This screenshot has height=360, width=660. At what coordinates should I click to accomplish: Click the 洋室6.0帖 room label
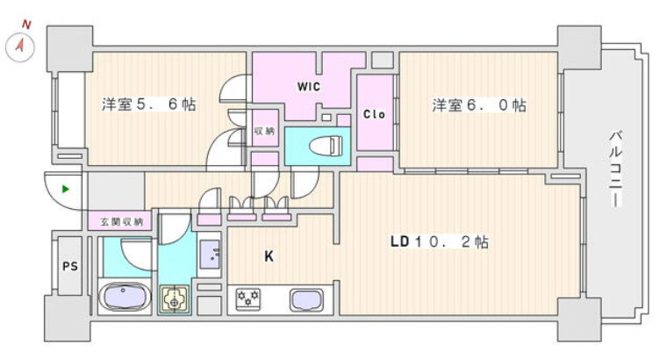[x=478, y=105]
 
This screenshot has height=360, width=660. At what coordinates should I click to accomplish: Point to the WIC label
[x=308, y=86]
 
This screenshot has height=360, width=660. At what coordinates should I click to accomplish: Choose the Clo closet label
[x=375, y=115]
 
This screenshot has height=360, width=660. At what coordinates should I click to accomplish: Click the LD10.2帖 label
[x=439, y=241]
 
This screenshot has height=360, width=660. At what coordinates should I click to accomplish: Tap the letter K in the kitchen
[x=270, y=256]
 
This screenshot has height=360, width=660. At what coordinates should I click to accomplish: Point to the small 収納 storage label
[x=264, y=131]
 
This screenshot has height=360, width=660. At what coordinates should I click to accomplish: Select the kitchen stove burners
[x=248, y=300]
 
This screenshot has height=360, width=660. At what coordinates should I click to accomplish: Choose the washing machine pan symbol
[x=175, y=299]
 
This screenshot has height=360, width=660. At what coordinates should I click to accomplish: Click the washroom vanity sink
[x=211, y=256]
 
